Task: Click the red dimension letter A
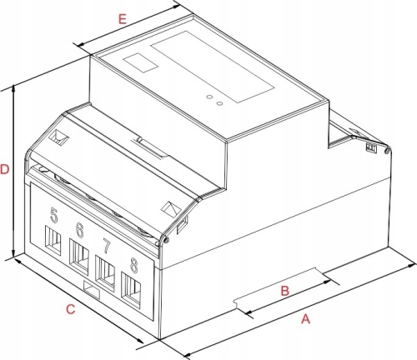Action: point(305,319)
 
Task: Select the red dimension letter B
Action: point(285,291)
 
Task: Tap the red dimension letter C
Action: point(71,309)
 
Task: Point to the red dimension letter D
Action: point(5,169)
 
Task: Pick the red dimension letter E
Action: point(123,19)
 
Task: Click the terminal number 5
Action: point(54,215)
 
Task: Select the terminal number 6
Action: point(79,230)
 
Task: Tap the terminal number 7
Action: point(107,246)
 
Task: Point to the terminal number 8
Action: point(134,265)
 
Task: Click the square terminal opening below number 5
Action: point(53,239)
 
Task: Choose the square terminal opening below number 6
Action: point(79,257)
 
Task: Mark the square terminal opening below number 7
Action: point(105,273)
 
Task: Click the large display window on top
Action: point(213,67)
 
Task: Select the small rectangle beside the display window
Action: point(141,62)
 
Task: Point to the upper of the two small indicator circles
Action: point(209,97)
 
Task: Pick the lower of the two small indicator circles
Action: point(219,103)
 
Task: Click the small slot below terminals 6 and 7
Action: point(92,290)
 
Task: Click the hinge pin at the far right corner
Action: point(386,151)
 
